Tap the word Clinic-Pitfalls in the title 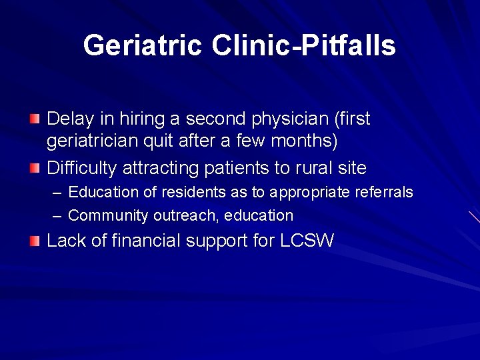(x=304, y=45)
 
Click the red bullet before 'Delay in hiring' (x=35, y=119)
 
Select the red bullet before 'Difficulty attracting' (x=35, y=167)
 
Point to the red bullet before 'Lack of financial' (x=35, y=240)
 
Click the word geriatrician (x=90, y=142)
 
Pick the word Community (x=109, y=216)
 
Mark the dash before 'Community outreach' (x=56, y=216)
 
